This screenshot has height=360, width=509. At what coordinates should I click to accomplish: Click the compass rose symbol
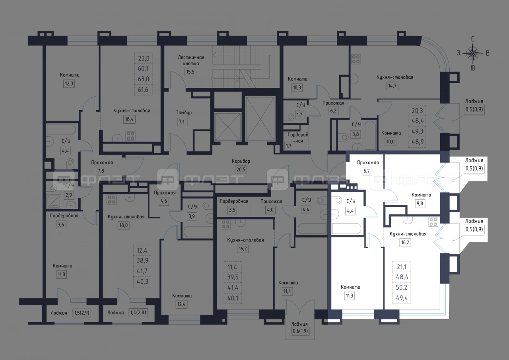473,53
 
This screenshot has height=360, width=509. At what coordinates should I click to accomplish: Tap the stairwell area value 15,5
190,72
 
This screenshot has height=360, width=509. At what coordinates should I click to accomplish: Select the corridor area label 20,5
241,169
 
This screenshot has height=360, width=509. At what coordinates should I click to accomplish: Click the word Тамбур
184,113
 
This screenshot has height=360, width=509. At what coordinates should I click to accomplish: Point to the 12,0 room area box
69,84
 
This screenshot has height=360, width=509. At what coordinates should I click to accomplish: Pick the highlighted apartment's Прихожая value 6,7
367,171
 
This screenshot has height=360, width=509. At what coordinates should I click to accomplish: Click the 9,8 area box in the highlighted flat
420,203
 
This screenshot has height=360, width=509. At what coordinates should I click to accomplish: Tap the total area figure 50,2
402,288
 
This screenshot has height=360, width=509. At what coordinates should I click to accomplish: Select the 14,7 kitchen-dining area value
392,86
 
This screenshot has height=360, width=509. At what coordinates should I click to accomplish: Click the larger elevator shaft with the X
260,119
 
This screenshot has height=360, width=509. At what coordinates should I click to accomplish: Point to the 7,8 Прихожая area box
101,171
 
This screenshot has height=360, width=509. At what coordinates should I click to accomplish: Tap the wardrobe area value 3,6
61,225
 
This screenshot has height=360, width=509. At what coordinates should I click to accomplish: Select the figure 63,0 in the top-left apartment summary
144,79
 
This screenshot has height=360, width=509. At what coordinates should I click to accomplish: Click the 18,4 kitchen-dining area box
129,119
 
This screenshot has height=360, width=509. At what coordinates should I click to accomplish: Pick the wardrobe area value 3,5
232,210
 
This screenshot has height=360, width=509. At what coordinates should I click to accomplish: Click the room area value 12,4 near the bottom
181,304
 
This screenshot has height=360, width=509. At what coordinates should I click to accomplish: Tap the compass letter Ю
473,68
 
